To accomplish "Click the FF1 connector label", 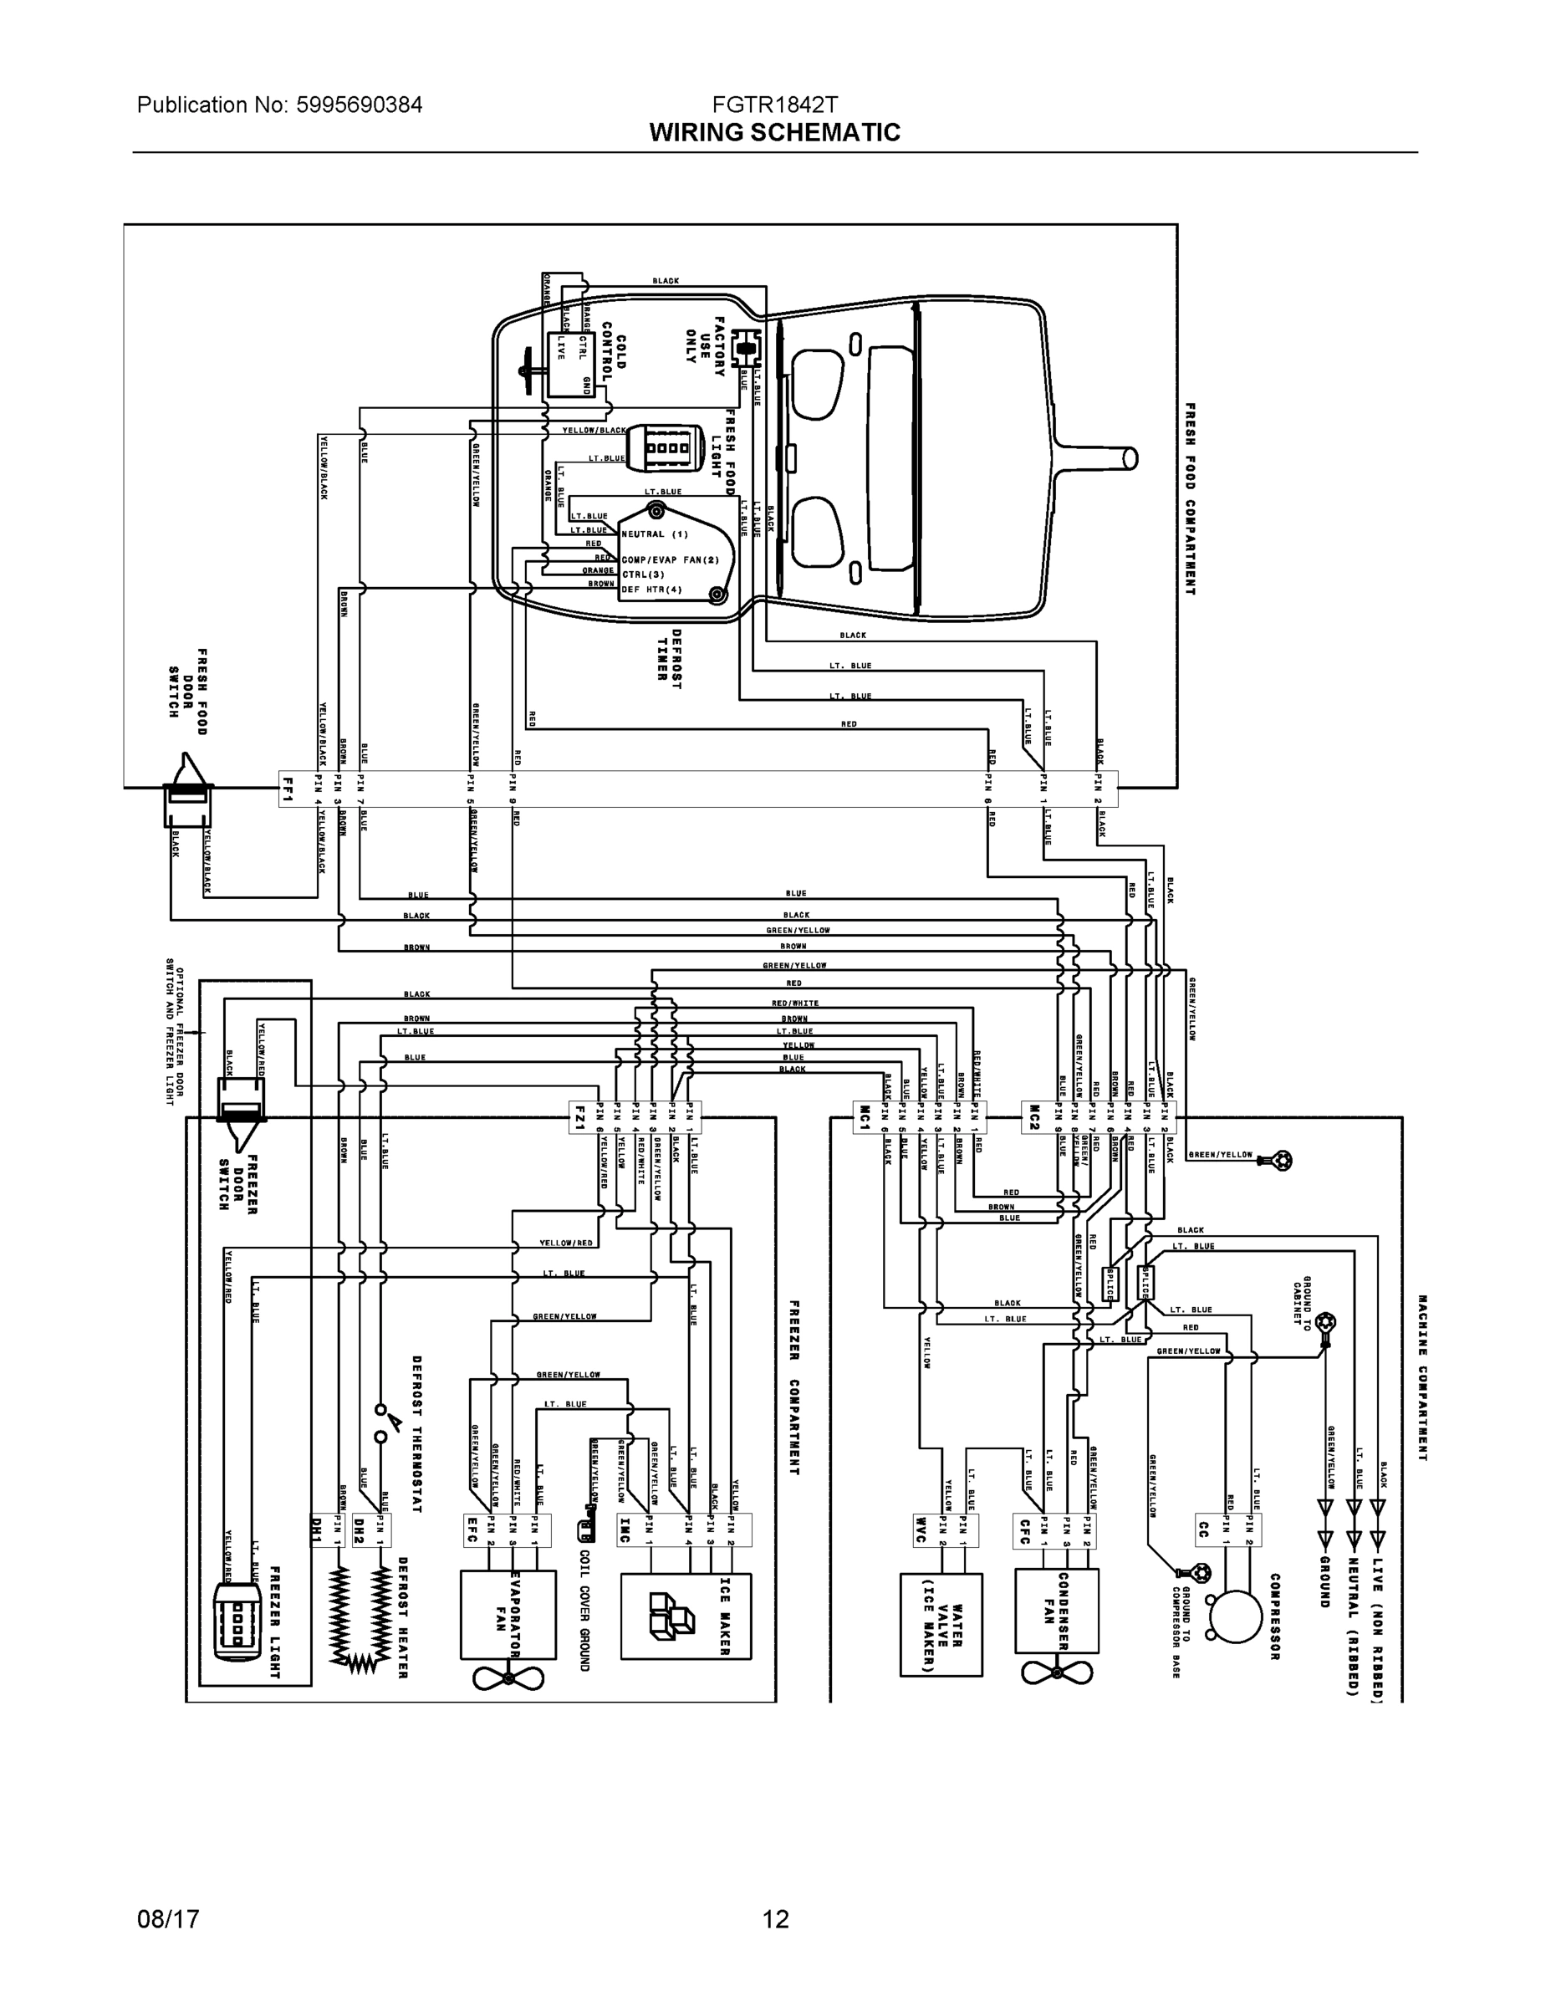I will pos(288,788).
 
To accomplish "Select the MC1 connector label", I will pos(865,1117).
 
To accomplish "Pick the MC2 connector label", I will pos(1033,1117).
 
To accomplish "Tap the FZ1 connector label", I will pos(579,1117).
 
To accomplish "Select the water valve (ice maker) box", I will pos(941,1623).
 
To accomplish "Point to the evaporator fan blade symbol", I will pos(508,1678).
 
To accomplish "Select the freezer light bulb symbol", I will pos(238,1623).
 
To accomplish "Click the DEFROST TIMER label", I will pos(669,656).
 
